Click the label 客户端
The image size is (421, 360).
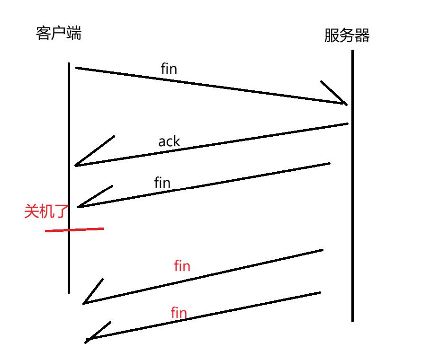click(x=59, y=33)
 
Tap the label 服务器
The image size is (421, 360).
click(x=347, y=35)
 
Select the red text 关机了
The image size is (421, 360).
click(x=46, y=211)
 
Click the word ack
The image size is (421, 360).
click(x=169, y=141)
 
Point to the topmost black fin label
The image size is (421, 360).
click(x=169, y=69)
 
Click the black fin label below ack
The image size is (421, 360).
click(x=162, y=183)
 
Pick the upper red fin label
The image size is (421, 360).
click(x=182, y=266)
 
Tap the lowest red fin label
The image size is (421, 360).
click(x=179, y=313)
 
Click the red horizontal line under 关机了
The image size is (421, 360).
click(x=75, y=229)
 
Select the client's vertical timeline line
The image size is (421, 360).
click(x=69, y=178)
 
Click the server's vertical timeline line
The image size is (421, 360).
click(x=352, y=185)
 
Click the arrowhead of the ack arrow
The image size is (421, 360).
click(x=75, y=166)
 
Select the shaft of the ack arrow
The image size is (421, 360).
click(x=212, y=145)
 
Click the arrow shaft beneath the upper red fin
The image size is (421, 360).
click(x=203, y=277)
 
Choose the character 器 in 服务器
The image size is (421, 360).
click(x=362, y=35)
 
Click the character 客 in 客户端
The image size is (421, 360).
click(x=43, y=33)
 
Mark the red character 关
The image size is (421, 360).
click(x=31, y=211)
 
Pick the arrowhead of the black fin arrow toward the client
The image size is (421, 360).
click(x=79, y=207)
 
